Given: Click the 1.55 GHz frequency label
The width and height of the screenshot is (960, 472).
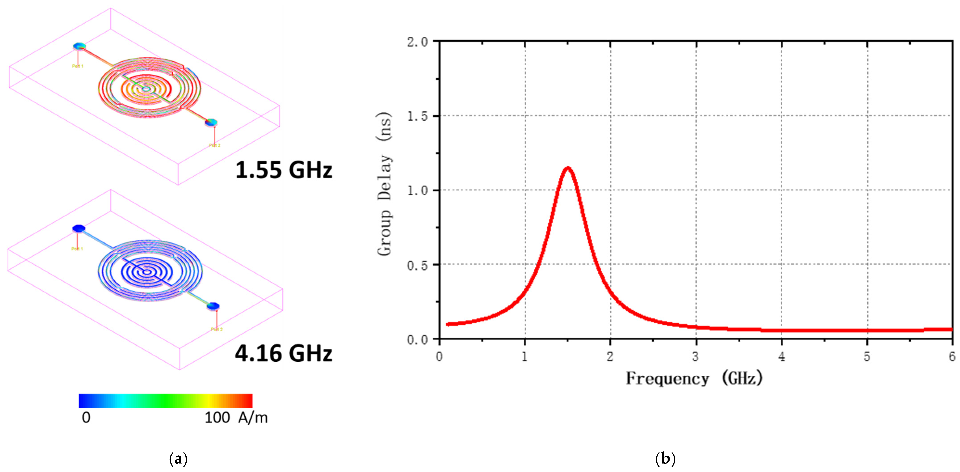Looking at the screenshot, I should click(x=284, y=170).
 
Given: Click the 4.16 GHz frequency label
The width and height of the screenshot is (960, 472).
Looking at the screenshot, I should click(x=284, y=353).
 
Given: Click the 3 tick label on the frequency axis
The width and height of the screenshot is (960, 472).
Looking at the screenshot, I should click(x=695, y=357).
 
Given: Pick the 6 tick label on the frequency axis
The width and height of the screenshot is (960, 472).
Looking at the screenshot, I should click(x=952, y=357).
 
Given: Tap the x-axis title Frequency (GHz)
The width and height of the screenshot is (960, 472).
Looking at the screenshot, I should click(x=694, y=379).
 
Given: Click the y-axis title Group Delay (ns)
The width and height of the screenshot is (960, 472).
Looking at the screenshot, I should click(x=384, y=184).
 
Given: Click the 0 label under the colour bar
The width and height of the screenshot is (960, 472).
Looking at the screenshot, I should click(x=86, y=418).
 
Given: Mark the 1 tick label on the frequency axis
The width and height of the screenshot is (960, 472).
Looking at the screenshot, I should click(x=525, y=357).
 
